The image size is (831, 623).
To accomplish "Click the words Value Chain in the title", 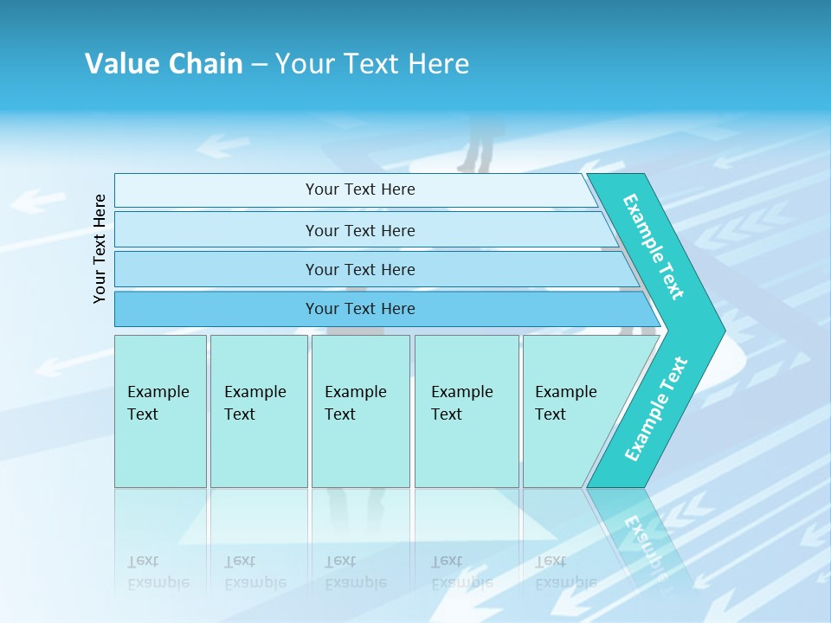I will click(164, 63).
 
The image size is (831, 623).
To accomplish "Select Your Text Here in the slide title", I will click(372, 63).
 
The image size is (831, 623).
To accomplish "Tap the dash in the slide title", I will click(259, 64).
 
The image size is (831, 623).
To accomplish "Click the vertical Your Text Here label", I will click(100, 248).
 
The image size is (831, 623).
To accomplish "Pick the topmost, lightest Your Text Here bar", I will click(359, 189).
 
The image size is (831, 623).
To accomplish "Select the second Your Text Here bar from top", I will click(359, 230).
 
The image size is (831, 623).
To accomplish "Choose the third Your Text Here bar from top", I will click(359, 269).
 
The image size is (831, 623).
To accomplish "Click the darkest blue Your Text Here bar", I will click(359, 309).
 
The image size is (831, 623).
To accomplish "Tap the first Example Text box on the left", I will click(160, 410).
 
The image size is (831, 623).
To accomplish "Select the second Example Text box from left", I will click(258, 410).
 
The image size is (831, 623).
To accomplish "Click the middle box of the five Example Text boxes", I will click(359, 410).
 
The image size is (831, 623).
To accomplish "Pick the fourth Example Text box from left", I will click(466, 410).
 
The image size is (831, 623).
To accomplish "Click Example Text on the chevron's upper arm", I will click(654, 247).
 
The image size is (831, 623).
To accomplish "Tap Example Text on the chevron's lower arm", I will click(656, 408).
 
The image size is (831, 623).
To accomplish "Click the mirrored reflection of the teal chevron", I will click(645, 536).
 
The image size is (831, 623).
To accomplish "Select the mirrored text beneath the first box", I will click(158, 572).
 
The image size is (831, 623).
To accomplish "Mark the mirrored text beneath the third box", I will click(355, 572).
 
